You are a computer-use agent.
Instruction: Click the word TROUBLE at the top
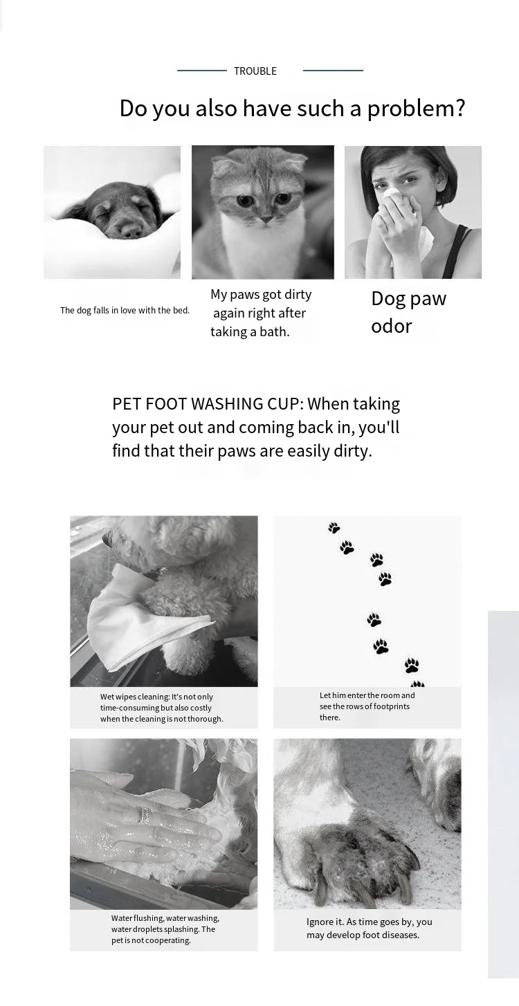click(x=255, y=71)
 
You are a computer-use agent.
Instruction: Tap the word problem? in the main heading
click(x=416, y=109)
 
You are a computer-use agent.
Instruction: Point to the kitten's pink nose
click(x=267, y=219)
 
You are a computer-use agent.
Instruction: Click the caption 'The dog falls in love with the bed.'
click(x=125, y=311)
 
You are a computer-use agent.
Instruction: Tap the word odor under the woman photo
click(x=391, y=326)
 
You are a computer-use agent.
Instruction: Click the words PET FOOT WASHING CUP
click(x=206, y=404)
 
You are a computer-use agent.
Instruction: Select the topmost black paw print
click(x=334, y=528)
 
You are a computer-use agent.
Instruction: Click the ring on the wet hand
click(x=144, y=814)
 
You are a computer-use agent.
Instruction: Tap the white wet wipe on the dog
click(x=144, y=619)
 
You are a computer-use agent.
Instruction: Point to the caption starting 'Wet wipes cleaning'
click(x=162, y=708)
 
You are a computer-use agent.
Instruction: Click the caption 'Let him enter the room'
click(x=367, y=706)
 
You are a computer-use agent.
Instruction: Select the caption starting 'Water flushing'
click(x=165, y=929)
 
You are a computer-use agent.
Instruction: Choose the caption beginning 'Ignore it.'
click(x=370, y=929)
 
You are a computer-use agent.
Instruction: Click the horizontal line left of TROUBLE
click(x=202, y=71)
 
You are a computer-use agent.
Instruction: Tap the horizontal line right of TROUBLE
click(x=333, y=71)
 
